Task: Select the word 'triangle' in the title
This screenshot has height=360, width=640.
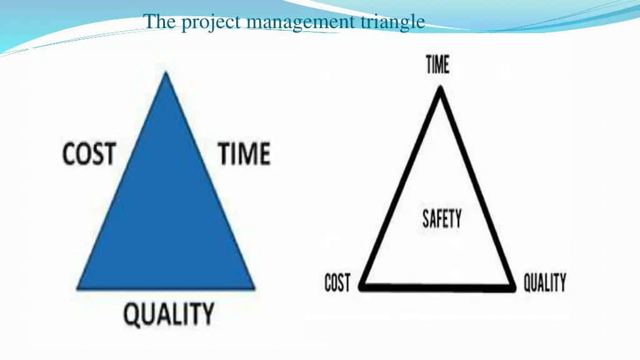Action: coord(393,23)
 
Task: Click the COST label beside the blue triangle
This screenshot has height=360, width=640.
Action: coord(89,154)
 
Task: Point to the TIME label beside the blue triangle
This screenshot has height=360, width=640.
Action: coord(244,154)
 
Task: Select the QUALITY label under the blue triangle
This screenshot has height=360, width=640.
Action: coord(168,314)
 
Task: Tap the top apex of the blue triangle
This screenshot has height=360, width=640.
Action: coord(165,74)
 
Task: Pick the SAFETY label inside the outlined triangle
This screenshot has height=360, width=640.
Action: coord(442,219)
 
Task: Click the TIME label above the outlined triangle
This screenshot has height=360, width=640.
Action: coord(437,64)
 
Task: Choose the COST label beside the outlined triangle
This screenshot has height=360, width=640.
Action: coord(337,284)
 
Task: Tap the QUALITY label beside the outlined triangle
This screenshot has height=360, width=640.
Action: coord(544,283)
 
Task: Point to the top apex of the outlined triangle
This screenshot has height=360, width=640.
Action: coord(440,89)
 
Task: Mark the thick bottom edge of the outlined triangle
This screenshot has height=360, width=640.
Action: coord(437,287)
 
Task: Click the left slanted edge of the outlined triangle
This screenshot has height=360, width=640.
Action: coord(401,187)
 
